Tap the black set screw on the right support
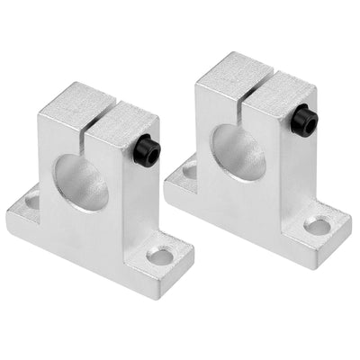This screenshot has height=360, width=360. [304, 121]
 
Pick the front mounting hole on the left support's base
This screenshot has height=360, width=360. [160, 258]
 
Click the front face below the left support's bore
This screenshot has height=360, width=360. [90, 229]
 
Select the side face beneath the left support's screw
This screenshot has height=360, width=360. [144, 198]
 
